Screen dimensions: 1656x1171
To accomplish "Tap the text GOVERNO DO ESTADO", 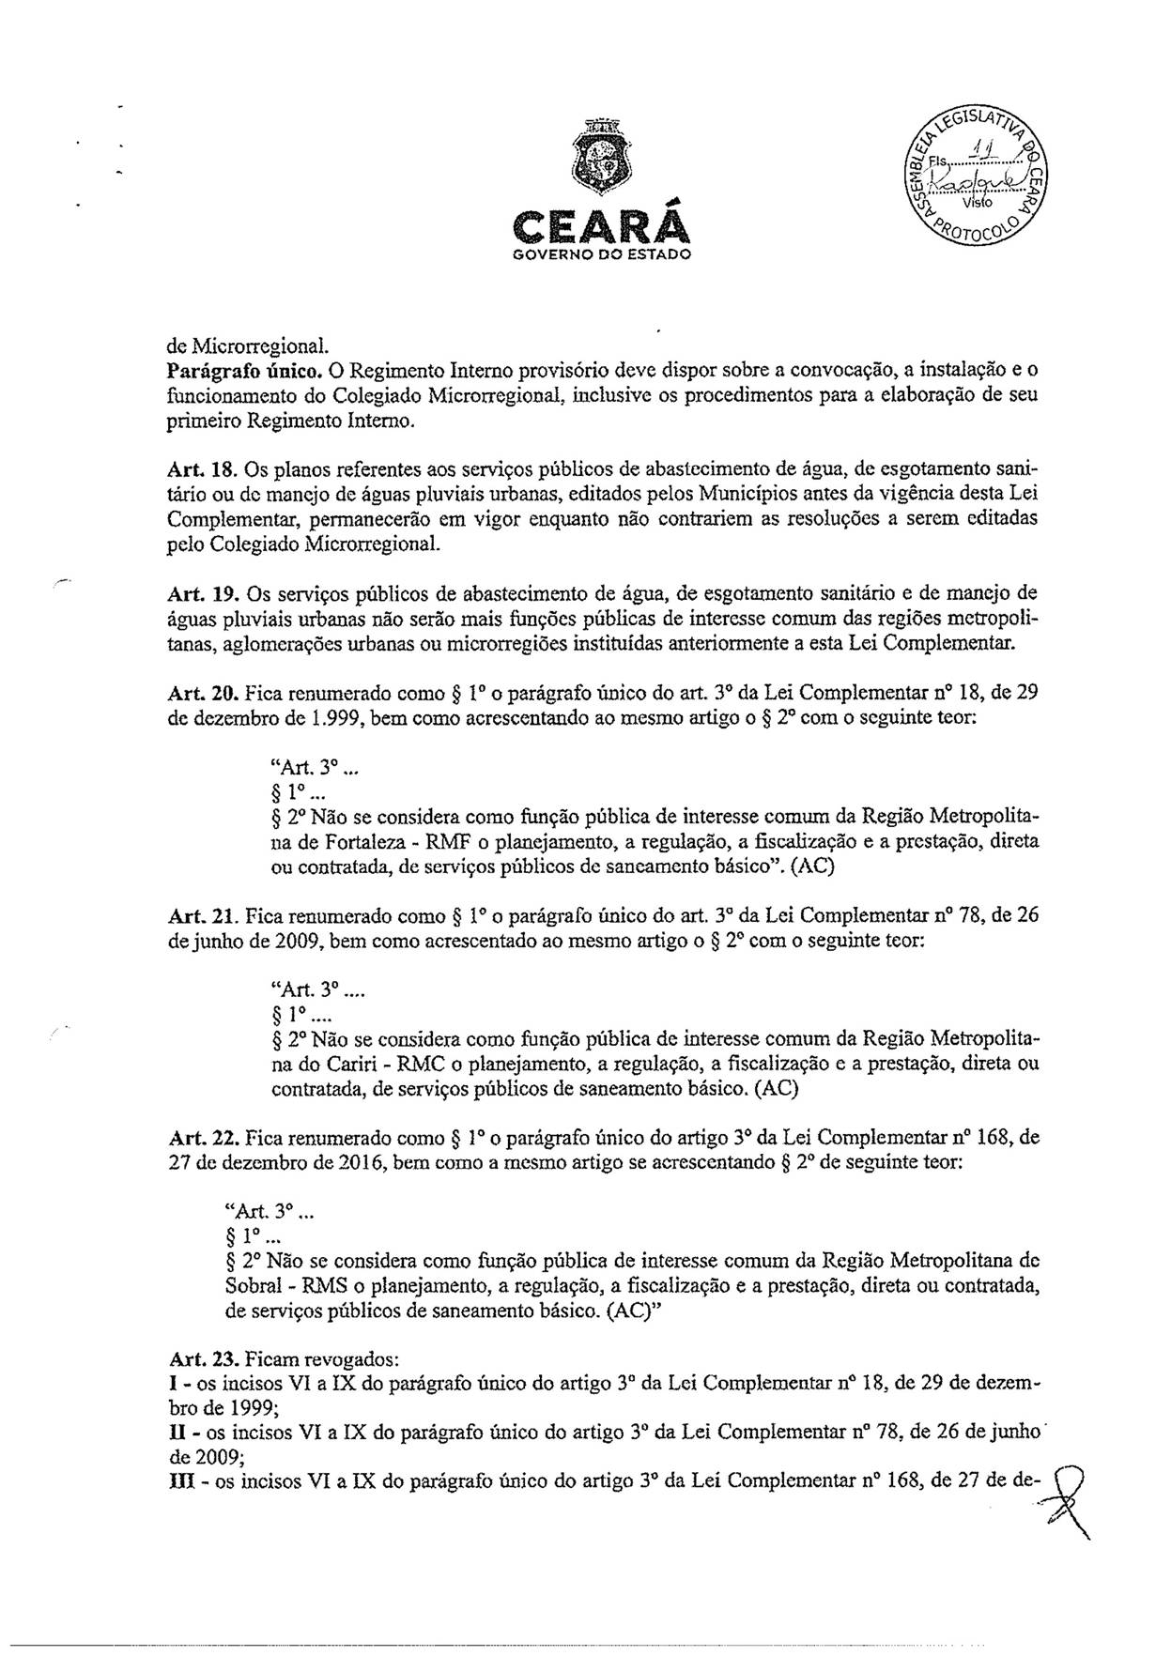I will [596, 254].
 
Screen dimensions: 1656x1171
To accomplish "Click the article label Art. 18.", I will [193, 467].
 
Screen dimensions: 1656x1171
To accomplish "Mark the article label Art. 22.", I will [193, 1138].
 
